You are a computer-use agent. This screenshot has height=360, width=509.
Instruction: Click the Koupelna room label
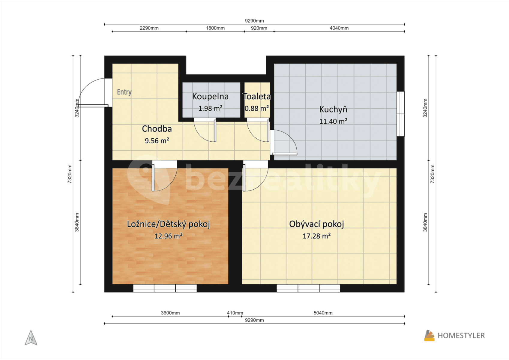pos(210,96)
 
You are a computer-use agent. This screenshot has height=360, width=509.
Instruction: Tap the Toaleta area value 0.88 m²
pos(257,108)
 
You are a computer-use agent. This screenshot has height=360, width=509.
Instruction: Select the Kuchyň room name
pos(333,109)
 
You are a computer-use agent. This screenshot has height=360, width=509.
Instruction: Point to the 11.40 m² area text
pos(333,121)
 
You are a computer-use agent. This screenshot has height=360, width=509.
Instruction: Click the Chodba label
pos(157,129)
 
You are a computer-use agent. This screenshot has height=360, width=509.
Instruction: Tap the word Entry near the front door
pos(124,92)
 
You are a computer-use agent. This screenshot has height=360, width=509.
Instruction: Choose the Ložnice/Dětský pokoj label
pos(168,224)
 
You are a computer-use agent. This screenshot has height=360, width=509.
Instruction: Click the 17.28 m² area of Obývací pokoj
pos(316,236)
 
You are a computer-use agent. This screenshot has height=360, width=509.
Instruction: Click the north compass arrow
pos(31,338)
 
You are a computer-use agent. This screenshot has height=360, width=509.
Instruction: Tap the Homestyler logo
pos(454,335)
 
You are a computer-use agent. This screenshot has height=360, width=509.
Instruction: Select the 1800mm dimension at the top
pos(215,28)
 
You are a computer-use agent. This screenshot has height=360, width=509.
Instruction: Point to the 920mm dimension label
pos(259,28)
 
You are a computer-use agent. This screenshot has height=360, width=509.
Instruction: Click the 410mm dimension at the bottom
pos(235,313)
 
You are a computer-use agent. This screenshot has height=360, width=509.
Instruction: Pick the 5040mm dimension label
pos(323,313)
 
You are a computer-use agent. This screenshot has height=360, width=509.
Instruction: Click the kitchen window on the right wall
pos(400,114)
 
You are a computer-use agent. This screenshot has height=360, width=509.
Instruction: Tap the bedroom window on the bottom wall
pos(165,288)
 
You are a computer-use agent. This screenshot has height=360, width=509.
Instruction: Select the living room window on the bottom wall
pos(308,288)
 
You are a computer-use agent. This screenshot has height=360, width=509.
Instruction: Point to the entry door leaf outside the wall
pos(93,106)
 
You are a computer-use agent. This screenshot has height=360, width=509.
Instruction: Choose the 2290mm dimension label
pos(149,28)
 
